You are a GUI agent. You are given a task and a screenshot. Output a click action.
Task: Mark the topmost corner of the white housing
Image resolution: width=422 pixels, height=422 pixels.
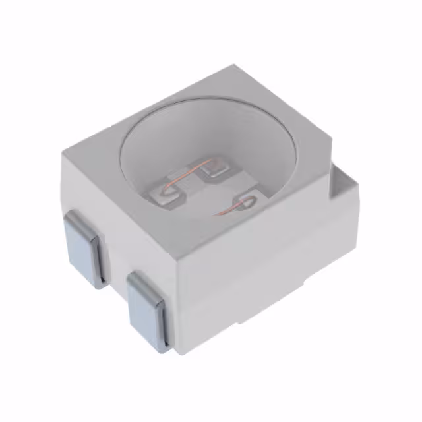tap(235, 65)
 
